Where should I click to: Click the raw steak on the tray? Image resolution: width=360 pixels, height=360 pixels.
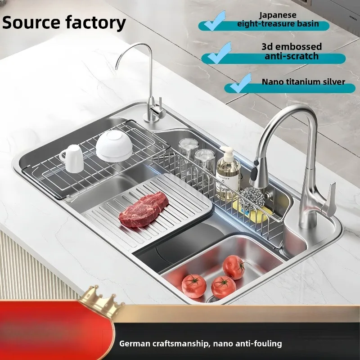coord(143,209)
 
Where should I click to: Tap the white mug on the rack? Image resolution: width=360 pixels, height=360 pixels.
coord(72,158)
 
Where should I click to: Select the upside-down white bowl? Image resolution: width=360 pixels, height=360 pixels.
coord(114,146)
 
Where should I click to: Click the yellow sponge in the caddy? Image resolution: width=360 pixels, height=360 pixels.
coord(252,212)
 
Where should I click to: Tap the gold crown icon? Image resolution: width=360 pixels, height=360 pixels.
coord(101,300)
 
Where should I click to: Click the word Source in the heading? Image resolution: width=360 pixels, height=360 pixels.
coord(31,22)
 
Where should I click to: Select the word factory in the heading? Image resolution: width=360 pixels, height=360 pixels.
coord(95,23)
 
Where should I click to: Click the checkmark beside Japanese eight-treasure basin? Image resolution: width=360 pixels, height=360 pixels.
coord(215,21)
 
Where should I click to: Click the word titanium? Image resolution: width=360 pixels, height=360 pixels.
coord(302,82)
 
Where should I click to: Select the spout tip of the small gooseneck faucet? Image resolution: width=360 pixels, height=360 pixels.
coord(117,66)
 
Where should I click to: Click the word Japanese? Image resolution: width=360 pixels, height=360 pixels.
coord(278,15)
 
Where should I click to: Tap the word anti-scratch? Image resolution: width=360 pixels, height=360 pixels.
coord(292,56)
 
